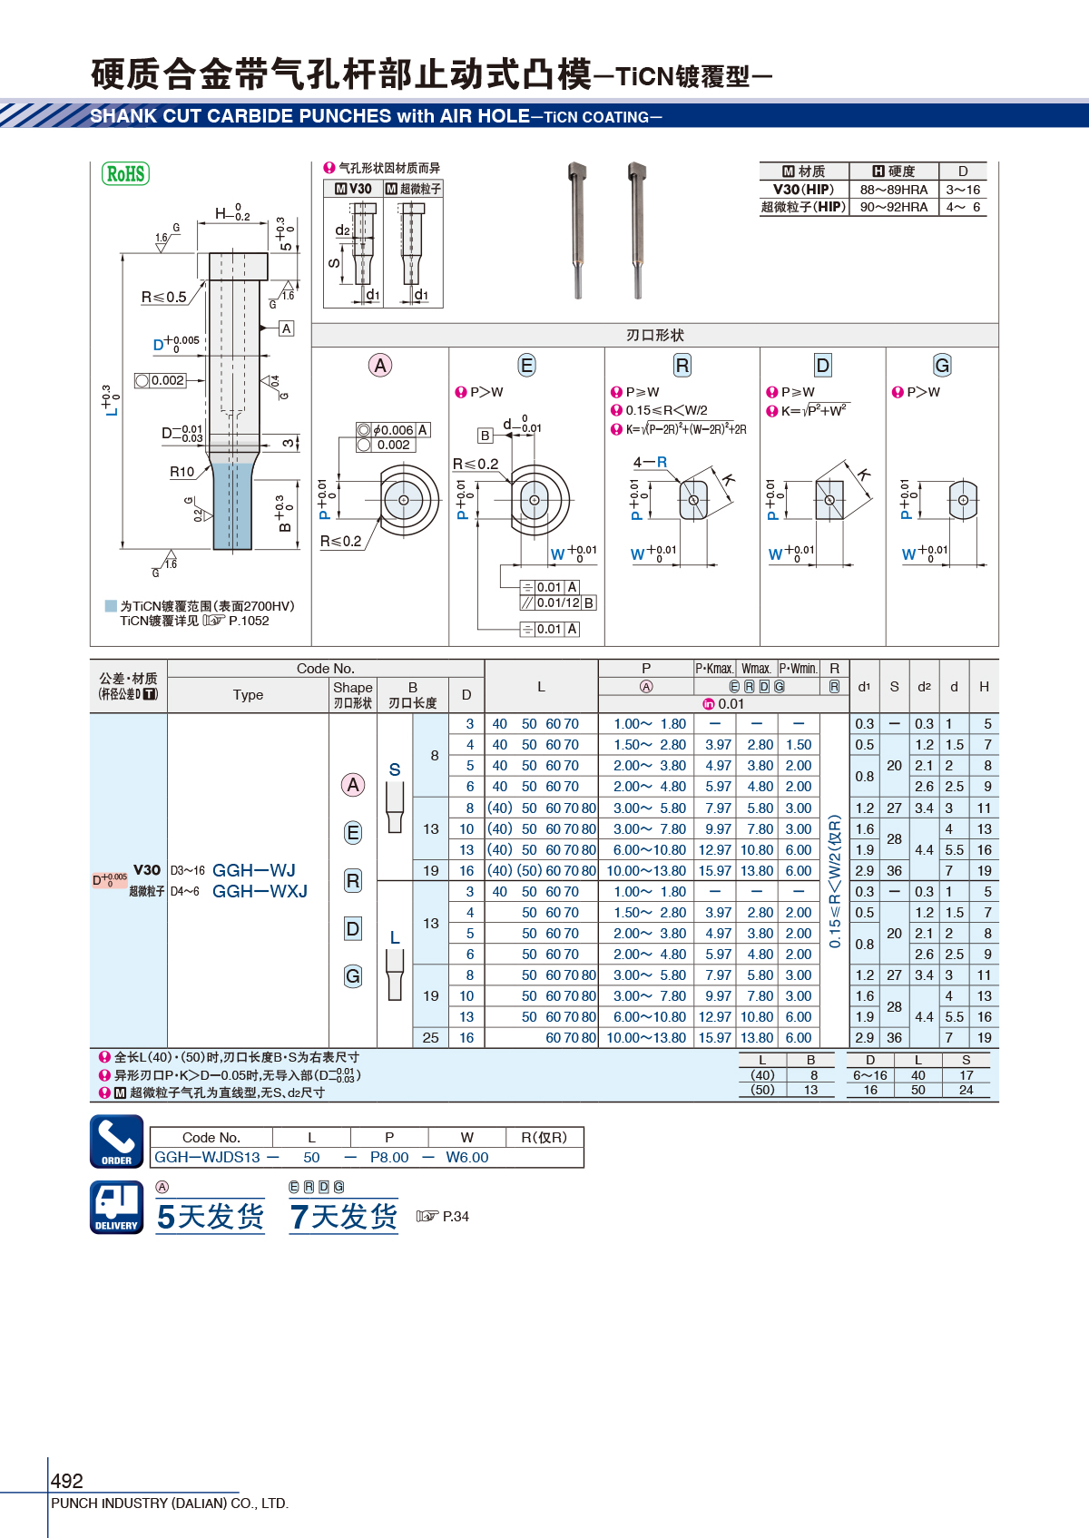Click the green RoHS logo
coord(125,173)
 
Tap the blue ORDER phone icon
coord(117,1141)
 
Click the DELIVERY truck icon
coord(117,1207)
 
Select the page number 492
coord(66,1480)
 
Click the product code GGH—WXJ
coord(260,891)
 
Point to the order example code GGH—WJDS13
coord(207,1157)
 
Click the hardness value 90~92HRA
coord(893,207)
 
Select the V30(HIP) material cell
coord(803,190)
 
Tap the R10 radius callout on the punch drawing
coord(182,472)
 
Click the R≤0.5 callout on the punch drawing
coord(163,298)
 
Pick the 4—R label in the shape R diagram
coord(650,462)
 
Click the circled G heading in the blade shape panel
coord(942,366)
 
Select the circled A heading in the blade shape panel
coord(379,366)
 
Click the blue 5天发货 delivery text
coord(211,1217)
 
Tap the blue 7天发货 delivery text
coord(343,1217)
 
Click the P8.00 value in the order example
coord(389,1157)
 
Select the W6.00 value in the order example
coord(467,1157)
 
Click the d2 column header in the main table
coord(924,686)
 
